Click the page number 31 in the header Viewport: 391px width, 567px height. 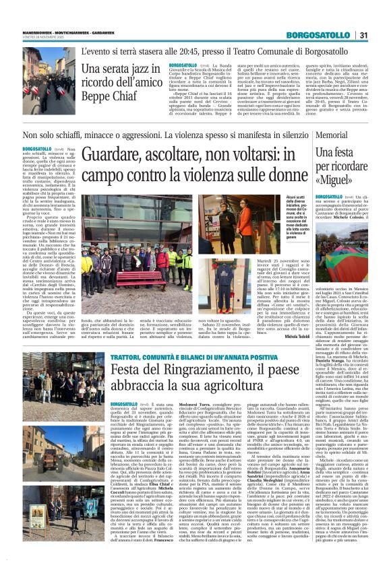point(363,35)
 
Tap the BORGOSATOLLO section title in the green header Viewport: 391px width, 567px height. point(314,35)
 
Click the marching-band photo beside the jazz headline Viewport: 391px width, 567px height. point(49,81)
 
